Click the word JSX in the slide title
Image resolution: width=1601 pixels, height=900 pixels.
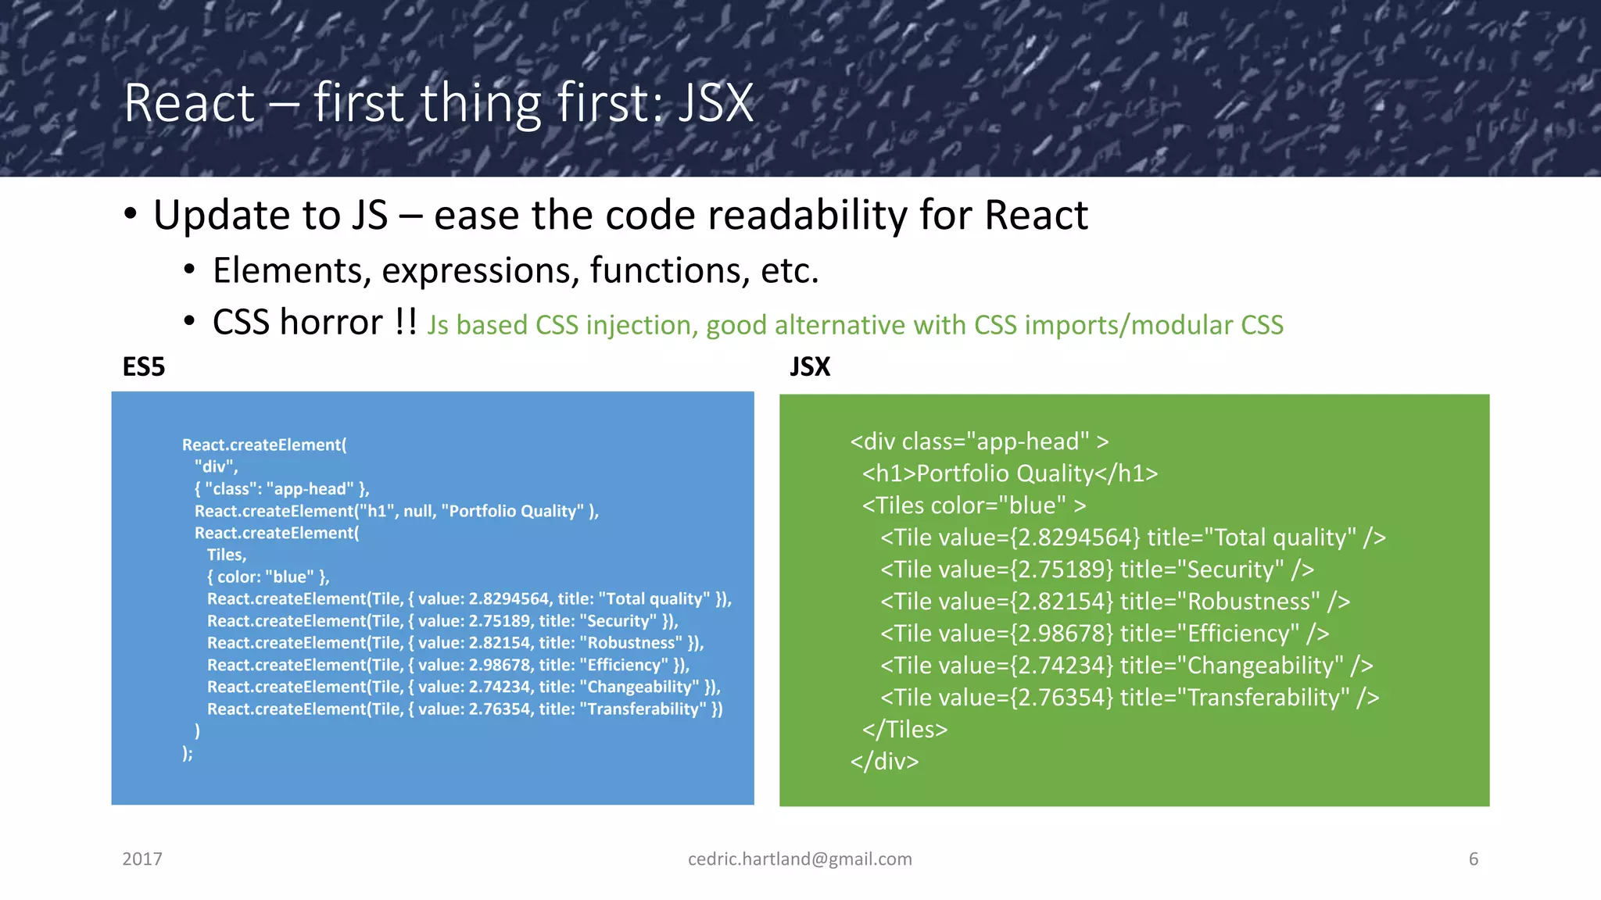point(715,104)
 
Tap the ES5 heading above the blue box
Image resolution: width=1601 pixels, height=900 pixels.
point(144,366)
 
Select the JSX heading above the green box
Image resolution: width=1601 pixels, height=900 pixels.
point(810,366)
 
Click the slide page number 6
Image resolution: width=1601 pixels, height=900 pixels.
point(1474,859)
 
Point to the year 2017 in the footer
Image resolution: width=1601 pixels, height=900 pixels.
point(142,859)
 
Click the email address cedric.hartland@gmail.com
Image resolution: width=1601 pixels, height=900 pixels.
point(800,859)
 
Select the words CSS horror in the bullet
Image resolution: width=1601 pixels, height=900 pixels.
point(298,323)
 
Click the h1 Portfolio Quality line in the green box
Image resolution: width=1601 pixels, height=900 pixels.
point(1009,473)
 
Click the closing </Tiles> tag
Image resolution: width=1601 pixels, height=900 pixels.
point(904,730)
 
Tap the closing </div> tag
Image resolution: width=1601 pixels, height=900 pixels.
point(884,762)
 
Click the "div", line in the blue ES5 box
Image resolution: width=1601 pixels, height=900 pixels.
point(217,467)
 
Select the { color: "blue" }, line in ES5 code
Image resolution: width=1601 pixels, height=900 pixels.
point(268,577)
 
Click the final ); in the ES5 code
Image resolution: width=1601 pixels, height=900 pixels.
point(188,753)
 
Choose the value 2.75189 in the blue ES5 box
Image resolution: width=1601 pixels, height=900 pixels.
point(500,621)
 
